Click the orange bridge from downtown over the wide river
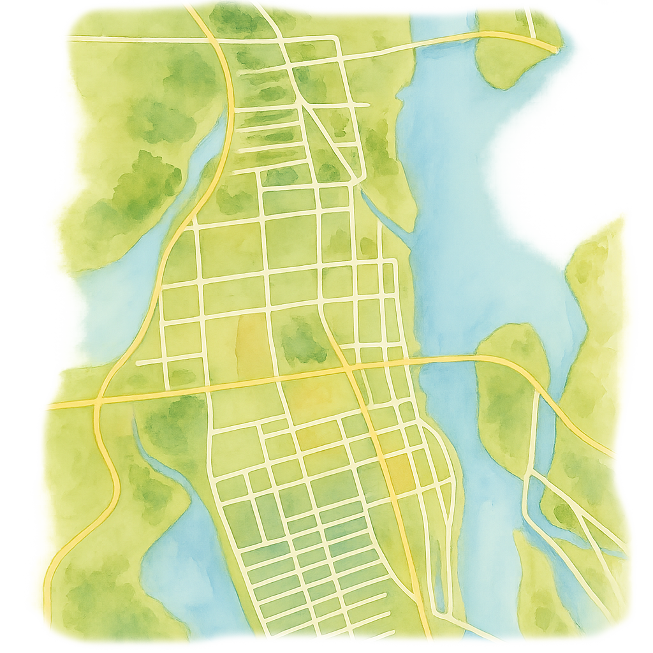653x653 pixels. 446,360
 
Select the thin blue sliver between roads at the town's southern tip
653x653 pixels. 439,574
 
